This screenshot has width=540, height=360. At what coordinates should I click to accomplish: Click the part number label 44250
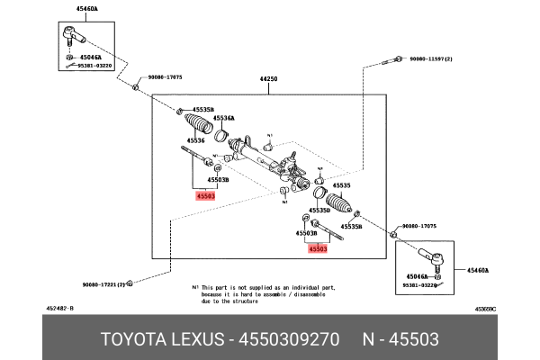[x=269, y=79]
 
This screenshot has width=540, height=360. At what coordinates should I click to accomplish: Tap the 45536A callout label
[x=222, y=118]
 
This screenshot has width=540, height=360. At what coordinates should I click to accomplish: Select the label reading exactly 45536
[x=195, y=140]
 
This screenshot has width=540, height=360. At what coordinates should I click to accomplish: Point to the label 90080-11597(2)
[x=429, y=58]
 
